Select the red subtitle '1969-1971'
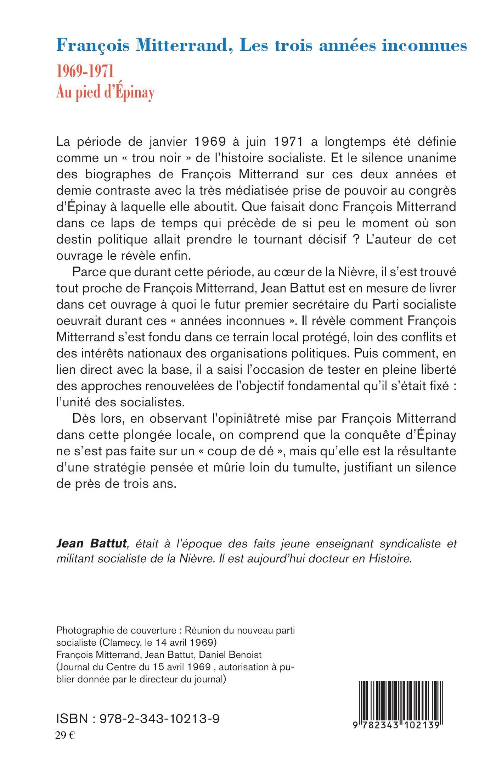tap(85, 72)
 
